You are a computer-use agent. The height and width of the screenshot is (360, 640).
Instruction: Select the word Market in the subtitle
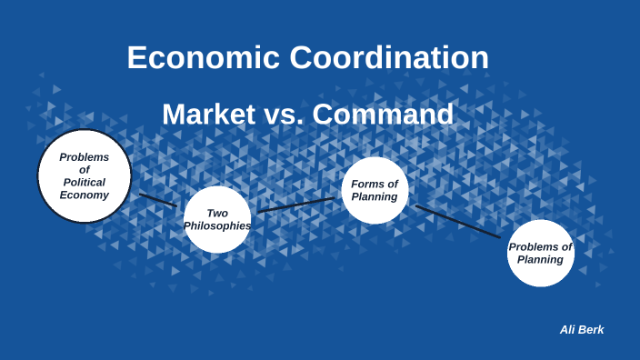[x=209, y=115]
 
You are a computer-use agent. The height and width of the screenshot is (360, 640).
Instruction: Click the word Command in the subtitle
[x=383, y=115]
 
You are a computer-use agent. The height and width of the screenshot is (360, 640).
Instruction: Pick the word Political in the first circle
[x=85, y=182]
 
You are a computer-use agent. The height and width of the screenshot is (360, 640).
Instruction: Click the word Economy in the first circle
[x=85, y=195]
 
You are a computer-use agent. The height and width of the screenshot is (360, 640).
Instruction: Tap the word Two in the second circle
[x=217, y=213]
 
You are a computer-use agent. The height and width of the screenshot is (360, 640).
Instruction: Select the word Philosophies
[x=217, y=225]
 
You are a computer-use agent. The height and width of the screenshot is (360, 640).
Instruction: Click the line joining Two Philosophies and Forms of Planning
[x=296, y=205]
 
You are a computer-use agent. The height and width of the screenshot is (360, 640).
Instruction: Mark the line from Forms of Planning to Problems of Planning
[x=457, y=222]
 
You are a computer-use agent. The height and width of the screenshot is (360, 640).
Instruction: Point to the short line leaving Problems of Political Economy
[x=157, y=199]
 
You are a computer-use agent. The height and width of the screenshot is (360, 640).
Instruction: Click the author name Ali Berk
[x=582, y=329]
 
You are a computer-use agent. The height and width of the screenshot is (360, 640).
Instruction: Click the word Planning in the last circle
[x=541, y=259]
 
